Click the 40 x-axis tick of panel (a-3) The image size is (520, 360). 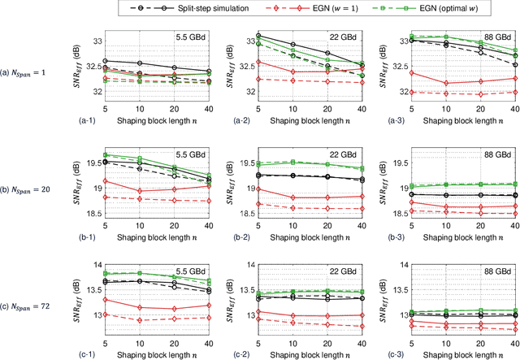512,107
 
